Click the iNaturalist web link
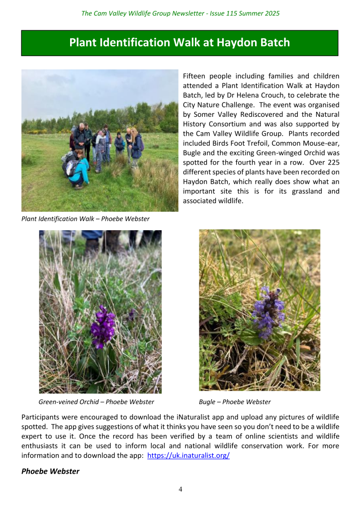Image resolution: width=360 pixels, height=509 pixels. (189, 455)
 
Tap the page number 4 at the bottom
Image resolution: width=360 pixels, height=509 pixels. (180, 489)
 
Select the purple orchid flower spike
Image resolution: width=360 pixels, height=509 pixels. (102, 327)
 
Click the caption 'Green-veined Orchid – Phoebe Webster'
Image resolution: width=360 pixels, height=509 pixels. (96, 402)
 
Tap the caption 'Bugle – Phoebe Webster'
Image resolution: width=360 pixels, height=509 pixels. (235, 402)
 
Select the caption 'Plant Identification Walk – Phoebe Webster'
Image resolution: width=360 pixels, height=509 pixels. (86, 219)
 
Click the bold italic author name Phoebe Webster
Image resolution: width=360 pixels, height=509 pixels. (50, 471)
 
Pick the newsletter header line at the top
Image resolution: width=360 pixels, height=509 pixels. (180, 13)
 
